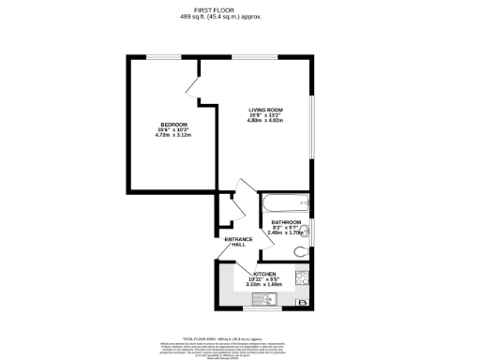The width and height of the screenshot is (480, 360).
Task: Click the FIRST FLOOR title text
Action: (x=239, y=11)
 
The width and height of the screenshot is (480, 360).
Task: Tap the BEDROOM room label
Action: (x=172, y=126)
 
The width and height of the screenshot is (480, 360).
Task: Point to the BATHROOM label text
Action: (x=286, y=222)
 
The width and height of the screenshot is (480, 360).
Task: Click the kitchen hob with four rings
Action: (x=302, y=277)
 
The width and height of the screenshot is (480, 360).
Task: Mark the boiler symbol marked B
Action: (x=303, y=303)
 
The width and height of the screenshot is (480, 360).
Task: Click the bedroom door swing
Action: (x=194, y=86)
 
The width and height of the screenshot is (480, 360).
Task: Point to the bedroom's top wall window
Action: (x=158, y=57)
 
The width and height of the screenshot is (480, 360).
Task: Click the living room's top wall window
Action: (x=247, y=57)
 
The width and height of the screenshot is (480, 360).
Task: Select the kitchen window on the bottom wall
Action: (x=257, y=309)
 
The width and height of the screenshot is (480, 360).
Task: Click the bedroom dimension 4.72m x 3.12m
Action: (x=172, y=137)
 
